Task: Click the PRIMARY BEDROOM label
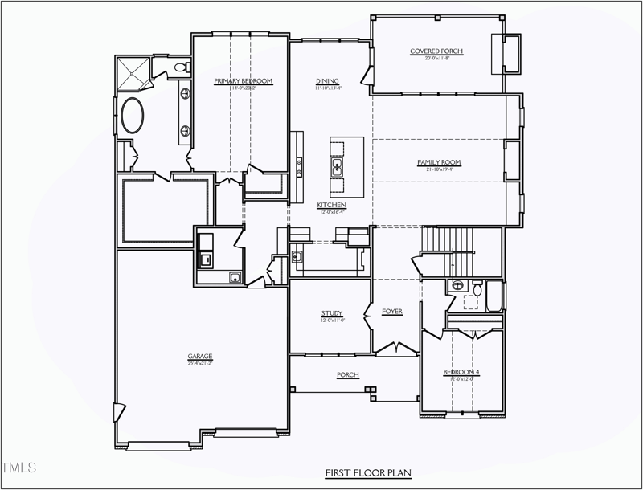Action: [x=244, y=81]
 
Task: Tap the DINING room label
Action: [x=327, y=81]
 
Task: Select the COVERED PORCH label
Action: [x=436, y=51]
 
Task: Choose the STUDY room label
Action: [x=332, y=314]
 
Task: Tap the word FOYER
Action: [x=392, y=312]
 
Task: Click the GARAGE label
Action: [x=200, y=357]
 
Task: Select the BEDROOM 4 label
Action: [x=461, y=373]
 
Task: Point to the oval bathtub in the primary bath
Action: [x=133, y=116]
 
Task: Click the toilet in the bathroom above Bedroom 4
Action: [x=477, y=288]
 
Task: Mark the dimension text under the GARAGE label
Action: [x=200, y=363]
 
